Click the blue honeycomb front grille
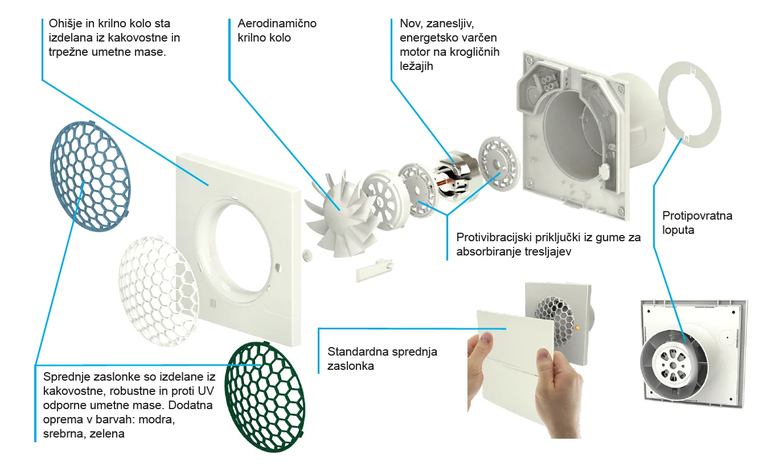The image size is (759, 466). (90, 176)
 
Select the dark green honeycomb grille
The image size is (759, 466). (265, 397)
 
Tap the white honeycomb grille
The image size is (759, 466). (159, 291)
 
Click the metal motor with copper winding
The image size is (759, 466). (456, 175)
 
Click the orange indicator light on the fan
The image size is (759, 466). (577, 328)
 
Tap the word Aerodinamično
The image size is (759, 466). (277, 24)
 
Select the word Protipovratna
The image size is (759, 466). (698, 216)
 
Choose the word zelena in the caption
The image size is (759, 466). (107, 434)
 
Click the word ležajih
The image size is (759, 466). (416, 67)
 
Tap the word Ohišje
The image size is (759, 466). (65, 24)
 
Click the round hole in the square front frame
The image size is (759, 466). (243, 248)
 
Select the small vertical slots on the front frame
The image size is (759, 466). (213, 303)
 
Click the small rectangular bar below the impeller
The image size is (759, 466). (375, 270)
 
